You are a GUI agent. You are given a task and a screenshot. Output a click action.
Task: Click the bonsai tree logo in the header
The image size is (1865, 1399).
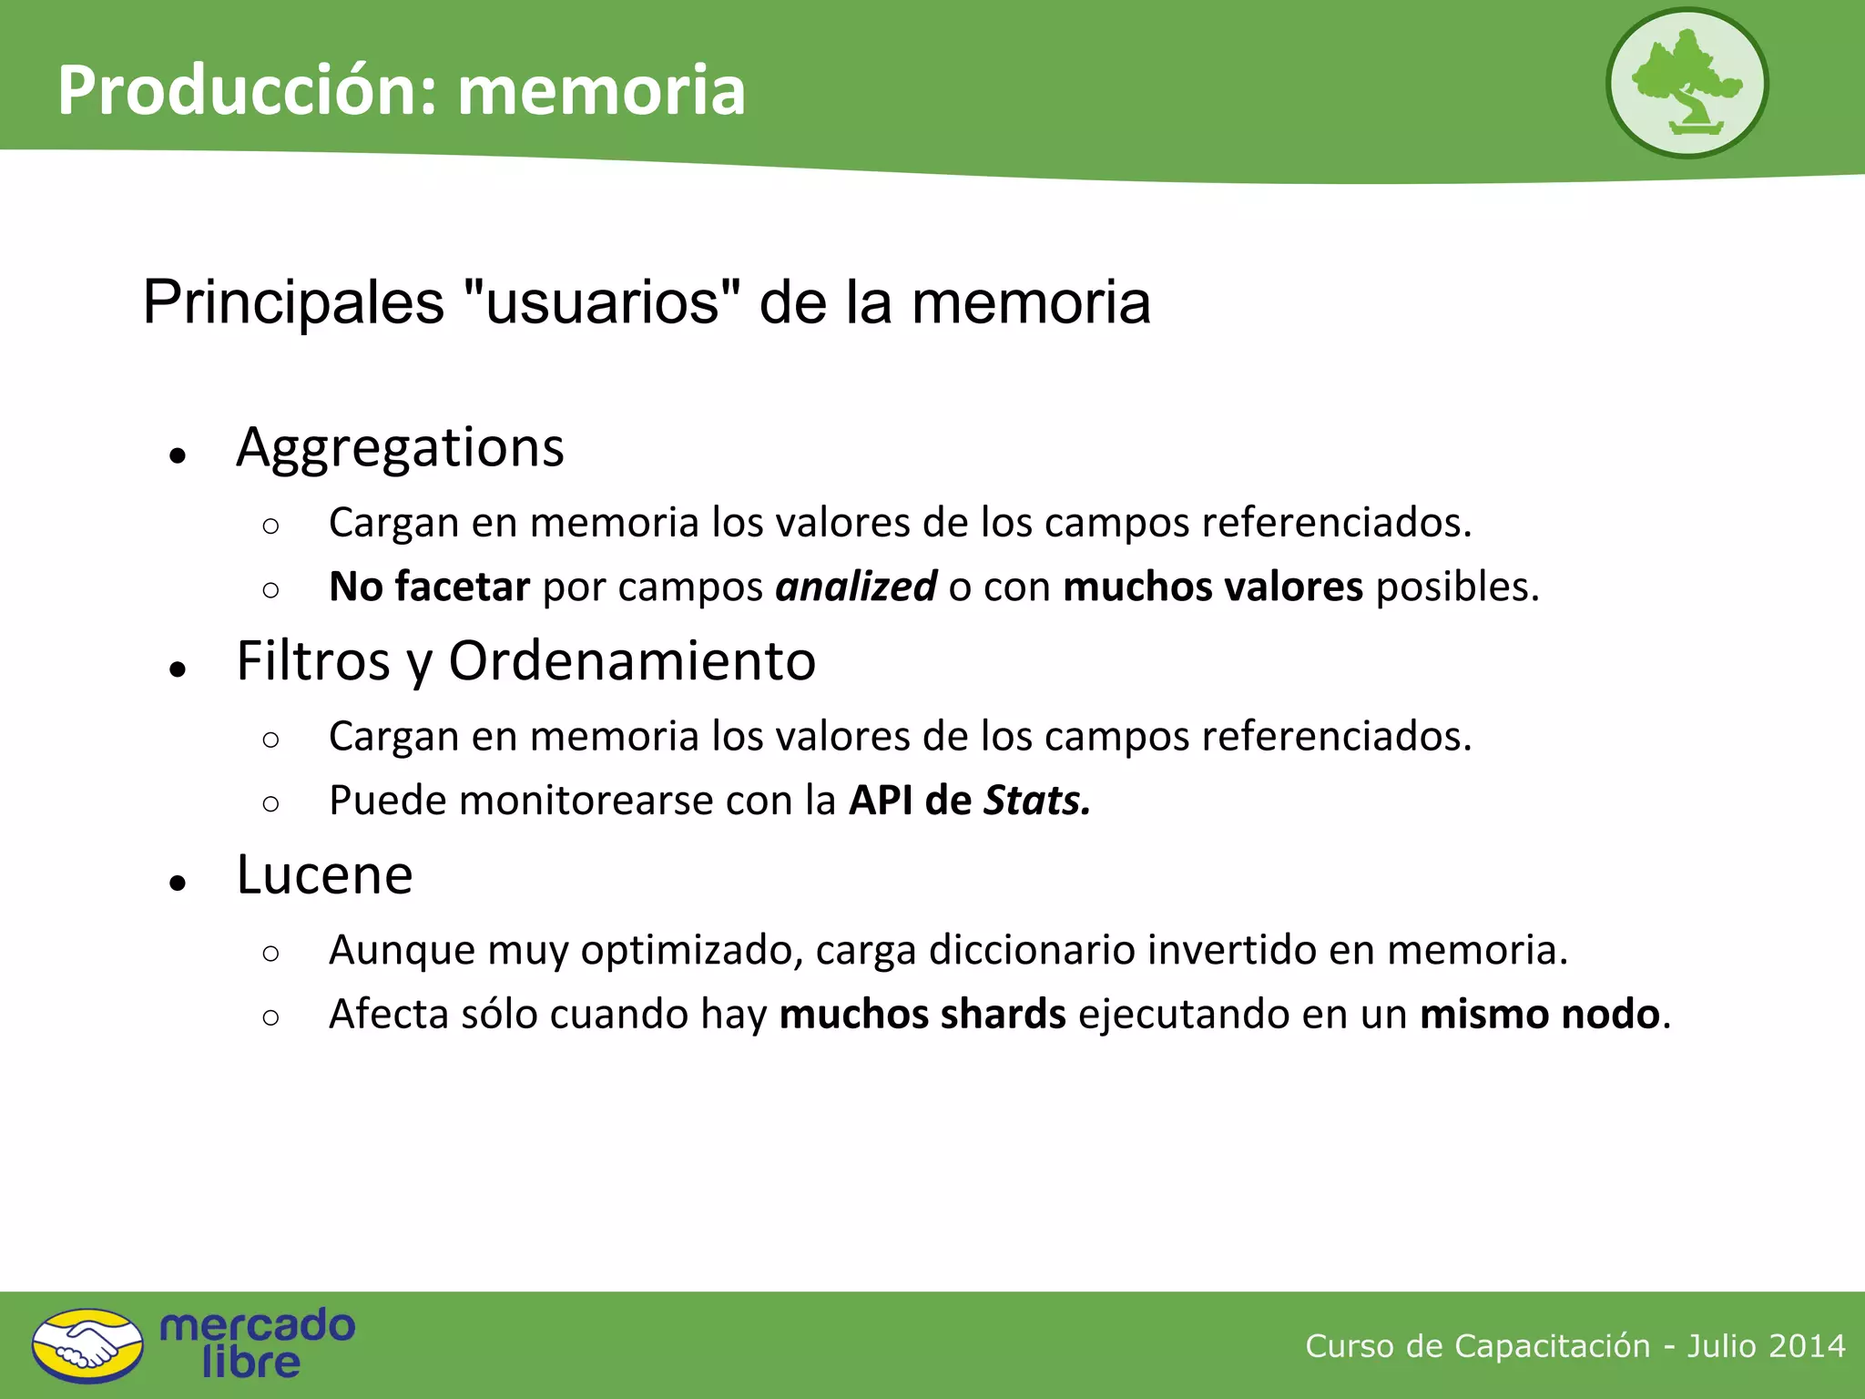pyautogui.click(x=1687, y=83)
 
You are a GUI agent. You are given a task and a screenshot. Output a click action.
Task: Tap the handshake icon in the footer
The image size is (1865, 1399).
pyautogui.click(x=87, y=1345)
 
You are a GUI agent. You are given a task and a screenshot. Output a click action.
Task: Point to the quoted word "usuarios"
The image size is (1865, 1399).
pyautogui.click(x=602, y=302)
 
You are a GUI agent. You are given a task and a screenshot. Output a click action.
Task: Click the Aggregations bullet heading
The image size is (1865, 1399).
pyautogui.click(x=401, y=448)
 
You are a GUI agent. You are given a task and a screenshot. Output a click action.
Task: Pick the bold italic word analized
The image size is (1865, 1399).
pyautogui.click(x=855, y=587)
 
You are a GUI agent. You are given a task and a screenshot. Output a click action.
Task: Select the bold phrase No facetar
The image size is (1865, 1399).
pyautogui.click(x=429, y=587)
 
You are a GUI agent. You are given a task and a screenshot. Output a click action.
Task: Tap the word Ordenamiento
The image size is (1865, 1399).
pyautogui.click(x=632, y=661)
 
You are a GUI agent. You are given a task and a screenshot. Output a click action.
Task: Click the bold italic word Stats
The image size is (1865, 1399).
pyautogui.click(x=1036, y=801)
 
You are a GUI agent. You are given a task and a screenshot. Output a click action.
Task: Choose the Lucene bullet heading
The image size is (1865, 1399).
pyautogui.click(x=324, y=875)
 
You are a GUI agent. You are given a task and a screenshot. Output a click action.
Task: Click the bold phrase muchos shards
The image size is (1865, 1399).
pyautogui.click(x=922, y=1015)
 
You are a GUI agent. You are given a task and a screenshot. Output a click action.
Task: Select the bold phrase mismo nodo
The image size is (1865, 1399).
pyautogui.click(x=1540, y=1015)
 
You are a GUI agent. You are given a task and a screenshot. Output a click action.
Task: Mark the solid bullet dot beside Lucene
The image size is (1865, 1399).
pyautogui.click(x=178, y=882)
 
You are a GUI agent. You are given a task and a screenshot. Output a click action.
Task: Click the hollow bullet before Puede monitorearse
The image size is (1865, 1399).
pyautogui.click(x=270, y=803)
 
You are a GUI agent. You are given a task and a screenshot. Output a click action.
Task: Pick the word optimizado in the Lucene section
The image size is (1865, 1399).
pyautogui.click(x=691, y=950)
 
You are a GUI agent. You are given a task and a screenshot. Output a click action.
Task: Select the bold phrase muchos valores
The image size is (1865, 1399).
pyautogui.click(x=1213, y=587)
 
